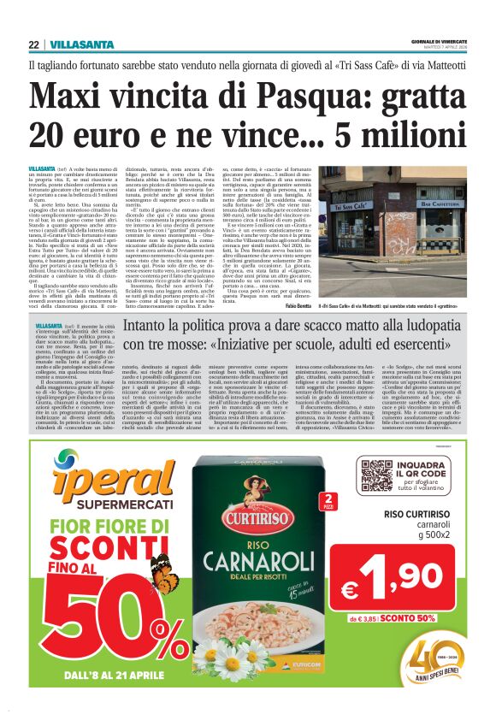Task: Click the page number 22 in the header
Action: click(33, 44)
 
